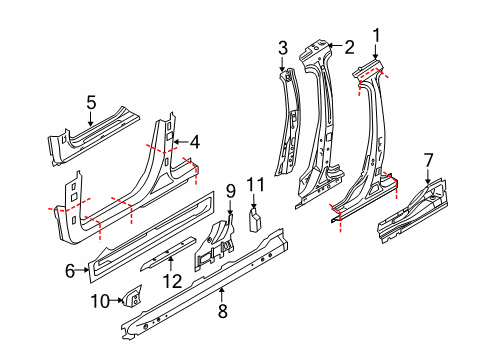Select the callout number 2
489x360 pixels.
[349, 46]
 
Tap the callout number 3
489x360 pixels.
[283, 47]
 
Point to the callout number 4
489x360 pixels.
[195, 141]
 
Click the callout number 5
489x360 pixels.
[90, 101]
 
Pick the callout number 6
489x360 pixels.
[70, 269]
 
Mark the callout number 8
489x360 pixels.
[222, 312]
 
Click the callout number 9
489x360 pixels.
[229, 189]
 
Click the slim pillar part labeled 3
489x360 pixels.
[286, 120]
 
